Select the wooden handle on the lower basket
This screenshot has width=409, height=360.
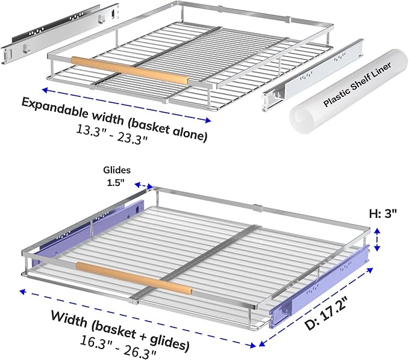(x=134, y=278)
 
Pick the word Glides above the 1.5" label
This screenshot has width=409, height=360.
(x=117, y=170)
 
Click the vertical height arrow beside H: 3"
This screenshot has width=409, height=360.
(x=377, y=240)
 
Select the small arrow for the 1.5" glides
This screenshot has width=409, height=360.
(x=143, y=186)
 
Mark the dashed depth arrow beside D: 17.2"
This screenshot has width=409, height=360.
(x=314, y=308)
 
